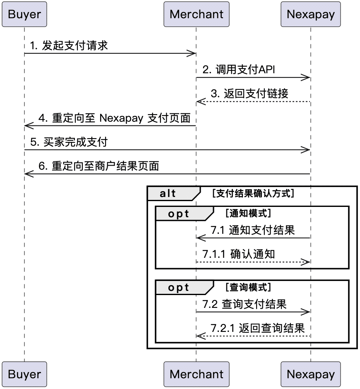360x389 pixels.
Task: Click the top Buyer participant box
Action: click(24, 14)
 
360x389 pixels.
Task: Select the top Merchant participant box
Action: click(196, 14)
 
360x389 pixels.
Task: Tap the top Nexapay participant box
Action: click(311, 14)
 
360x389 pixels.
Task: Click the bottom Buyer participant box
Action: click(24, 374)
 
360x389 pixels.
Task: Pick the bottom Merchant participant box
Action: click(196, 374)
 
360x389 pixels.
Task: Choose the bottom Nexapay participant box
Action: click(311, 374)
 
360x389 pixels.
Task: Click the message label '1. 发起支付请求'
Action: click(69, 46)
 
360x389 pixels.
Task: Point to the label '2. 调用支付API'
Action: click(239, 70)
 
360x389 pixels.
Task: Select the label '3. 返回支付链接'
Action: click(250, 94)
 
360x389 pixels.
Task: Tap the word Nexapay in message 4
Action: click(121, 118)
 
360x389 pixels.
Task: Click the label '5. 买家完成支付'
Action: click(69, 142)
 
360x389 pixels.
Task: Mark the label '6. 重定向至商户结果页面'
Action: click(99, 166)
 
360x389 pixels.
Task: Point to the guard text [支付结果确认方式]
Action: click(253, 193)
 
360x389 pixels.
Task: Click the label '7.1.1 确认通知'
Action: click(238, 254)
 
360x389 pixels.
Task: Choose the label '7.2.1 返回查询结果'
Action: click(257, 328)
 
